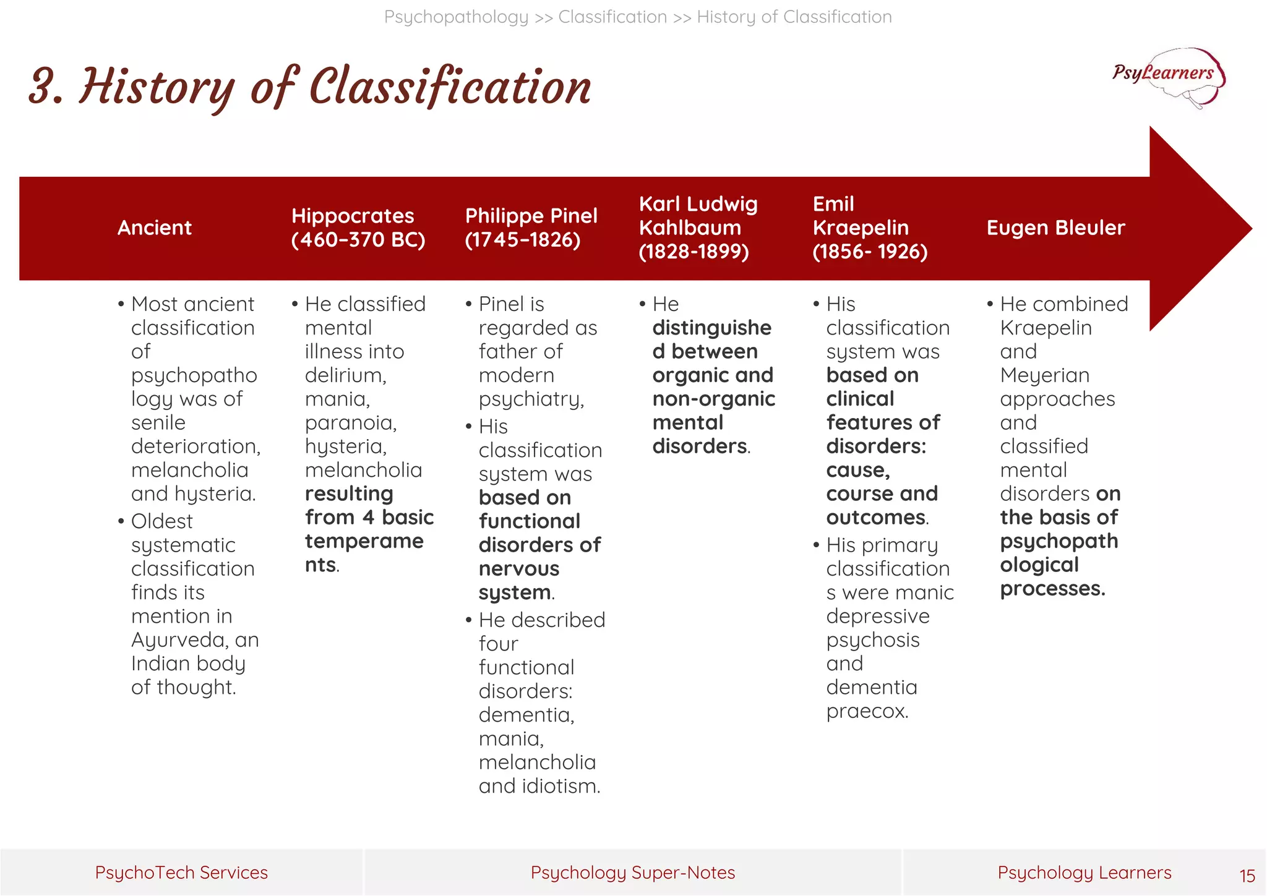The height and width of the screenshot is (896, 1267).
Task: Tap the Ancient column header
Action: click(155, 228)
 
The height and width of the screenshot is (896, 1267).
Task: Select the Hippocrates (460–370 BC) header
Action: click(358, 228)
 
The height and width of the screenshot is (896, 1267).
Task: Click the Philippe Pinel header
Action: click(531, 228)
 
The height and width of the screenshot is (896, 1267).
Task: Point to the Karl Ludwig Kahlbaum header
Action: click(698, 228)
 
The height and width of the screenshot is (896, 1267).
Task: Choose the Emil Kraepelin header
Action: click(869, 228)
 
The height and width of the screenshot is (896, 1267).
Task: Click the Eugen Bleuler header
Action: click(1055, 228)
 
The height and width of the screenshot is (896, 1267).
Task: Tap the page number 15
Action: click(1247, 876)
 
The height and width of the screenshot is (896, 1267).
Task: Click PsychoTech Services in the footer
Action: click(181, 873)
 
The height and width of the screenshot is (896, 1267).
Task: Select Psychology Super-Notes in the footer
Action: click(632, 873)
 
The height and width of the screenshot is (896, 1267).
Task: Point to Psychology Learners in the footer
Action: click(1084, 873)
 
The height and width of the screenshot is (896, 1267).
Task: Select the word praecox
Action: click(867, 711)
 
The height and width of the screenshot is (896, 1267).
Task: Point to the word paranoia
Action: click(350, 423)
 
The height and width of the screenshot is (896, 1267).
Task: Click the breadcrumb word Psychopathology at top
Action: click(456, 17)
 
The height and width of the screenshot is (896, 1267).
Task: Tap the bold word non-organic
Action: click(713, 399)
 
